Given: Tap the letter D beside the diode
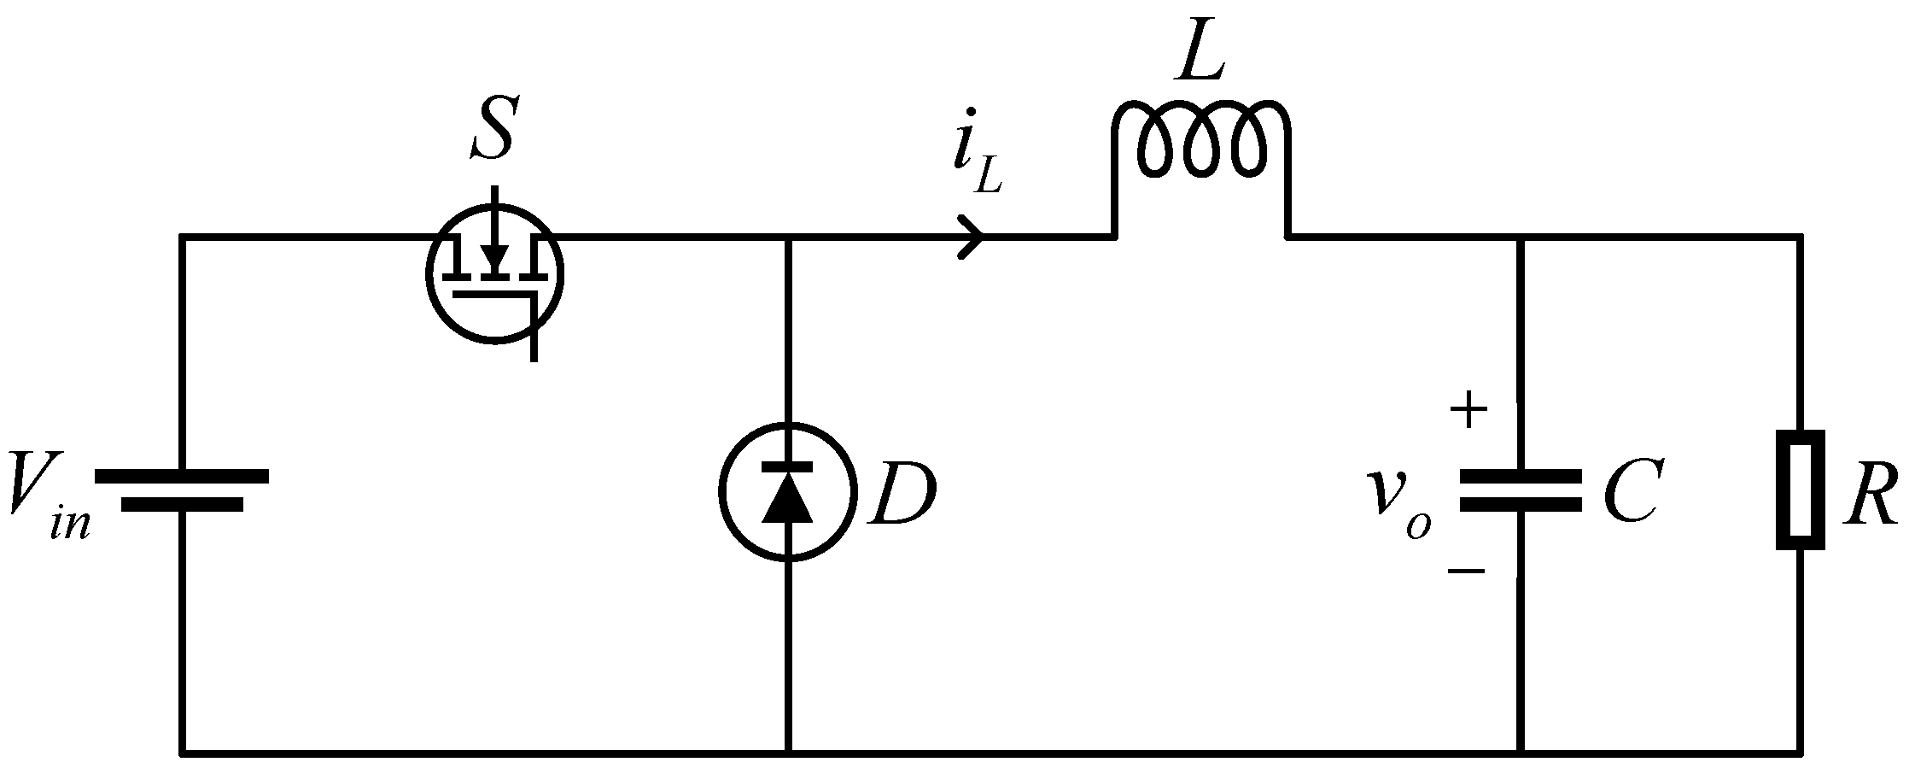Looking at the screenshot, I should pos(902,494).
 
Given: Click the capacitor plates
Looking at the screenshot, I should pos(1520,490).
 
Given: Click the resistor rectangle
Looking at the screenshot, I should pos(1801,490).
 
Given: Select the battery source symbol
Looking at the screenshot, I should pos(182,490).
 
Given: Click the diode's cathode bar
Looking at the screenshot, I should pos(787,466).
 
